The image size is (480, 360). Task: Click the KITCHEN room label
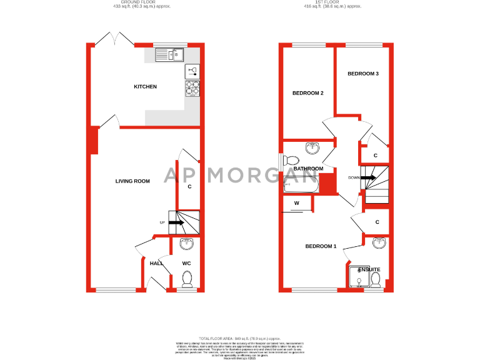(145, 87)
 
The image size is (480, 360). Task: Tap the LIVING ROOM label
(132, 181)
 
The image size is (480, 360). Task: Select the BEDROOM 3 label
(363, 74)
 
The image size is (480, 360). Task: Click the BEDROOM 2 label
(307, 94)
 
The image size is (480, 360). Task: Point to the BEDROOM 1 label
(321, 246)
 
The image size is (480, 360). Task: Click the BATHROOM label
(308, 169)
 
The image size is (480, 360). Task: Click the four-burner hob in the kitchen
(192, 89)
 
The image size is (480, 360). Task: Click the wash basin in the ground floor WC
(187, 244)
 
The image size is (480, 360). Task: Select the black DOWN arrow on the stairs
(367, 177)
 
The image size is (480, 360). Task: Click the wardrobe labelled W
(297, 203)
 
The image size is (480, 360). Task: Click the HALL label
(156, 264)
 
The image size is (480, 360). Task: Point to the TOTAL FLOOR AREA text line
(240, 337)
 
